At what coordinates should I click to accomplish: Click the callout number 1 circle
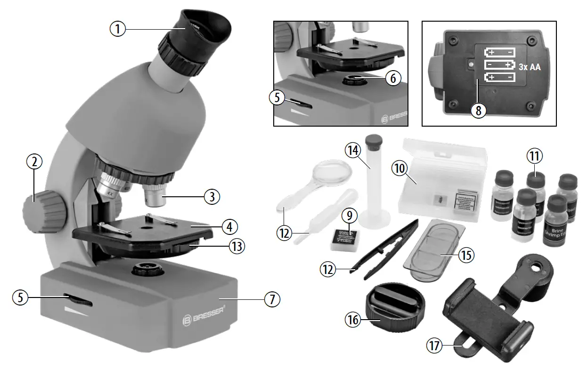tap(118, 29)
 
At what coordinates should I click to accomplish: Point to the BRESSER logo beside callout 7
tap(203, 320)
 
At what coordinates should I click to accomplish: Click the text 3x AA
tap(530, 67)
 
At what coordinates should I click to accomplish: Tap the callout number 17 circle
tap(434, 346)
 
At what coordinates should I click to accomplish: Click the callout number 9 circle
tap(349, 216)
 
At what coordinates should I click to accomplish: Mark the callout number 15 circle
tap(467, 255)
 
